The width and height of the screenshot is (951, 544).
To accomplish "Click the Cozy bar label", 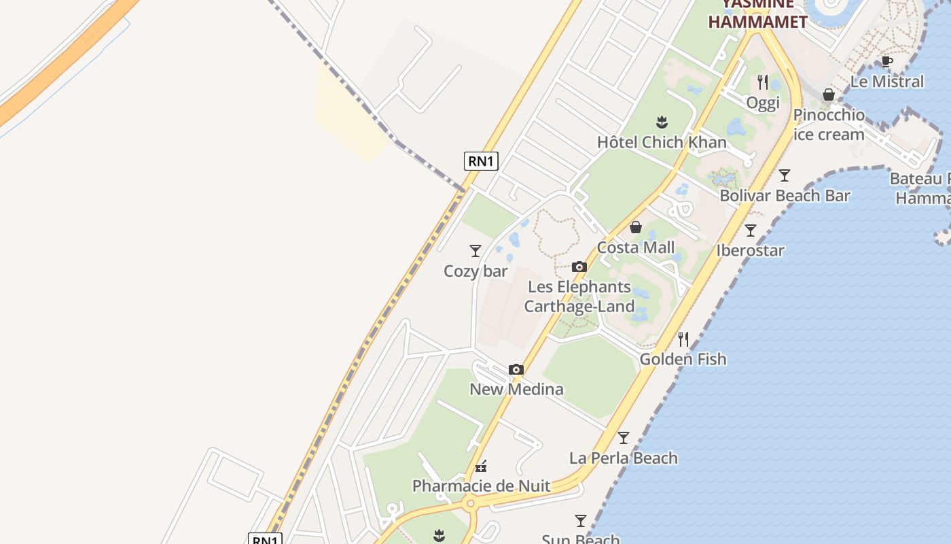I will [475, 271].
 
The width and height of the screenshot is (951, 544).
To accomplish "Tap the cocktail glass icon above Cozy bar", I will [475, 251].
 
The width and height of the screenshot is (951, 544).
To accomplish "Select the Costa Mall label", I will [636, 248].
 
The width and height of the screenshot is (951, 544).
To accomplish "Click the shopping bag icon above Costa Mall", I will [636, 227].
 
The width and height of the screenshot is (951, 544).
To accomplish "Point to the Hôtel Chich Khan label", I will [662, 142].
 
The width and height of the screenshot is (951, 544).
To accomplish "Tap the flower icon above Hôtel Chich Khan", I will [662, 122].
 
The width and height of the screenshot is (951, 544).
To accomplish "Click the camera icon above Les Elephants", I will [579, 267].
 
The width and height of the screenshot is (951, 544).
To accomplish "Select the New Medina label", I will [516, 390].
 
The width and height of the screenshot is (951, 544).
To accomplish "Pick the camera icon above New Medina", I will [516, 370].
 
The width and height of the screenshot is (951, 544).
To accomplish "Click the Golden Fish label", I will [683, 359].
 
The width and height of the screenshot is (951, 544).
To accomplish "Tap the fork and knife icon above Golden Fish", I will [683, 339].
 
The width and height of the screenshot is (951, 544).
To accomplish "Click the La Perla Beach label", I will [623, 458].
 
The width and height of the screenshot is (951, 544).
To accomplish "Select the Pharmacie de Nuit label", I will [481, 487].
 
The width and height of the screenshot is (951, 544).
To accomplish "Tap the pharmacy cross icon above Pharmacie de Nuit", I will [481, 466].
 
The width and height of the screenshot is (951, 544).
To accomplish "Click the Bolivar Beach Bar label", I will [785, 196].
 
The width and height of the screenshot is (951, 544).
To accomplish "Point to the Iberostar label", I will [750, 250].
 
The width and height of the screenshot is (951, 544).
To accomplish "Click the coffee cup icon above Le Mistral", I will [886, 61].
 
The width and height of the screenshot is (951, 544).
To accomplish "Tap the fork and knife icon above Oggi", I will [763, 82].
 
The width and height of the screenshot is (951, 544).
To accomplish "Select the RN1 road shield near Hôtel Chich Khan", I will [481, 161].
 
